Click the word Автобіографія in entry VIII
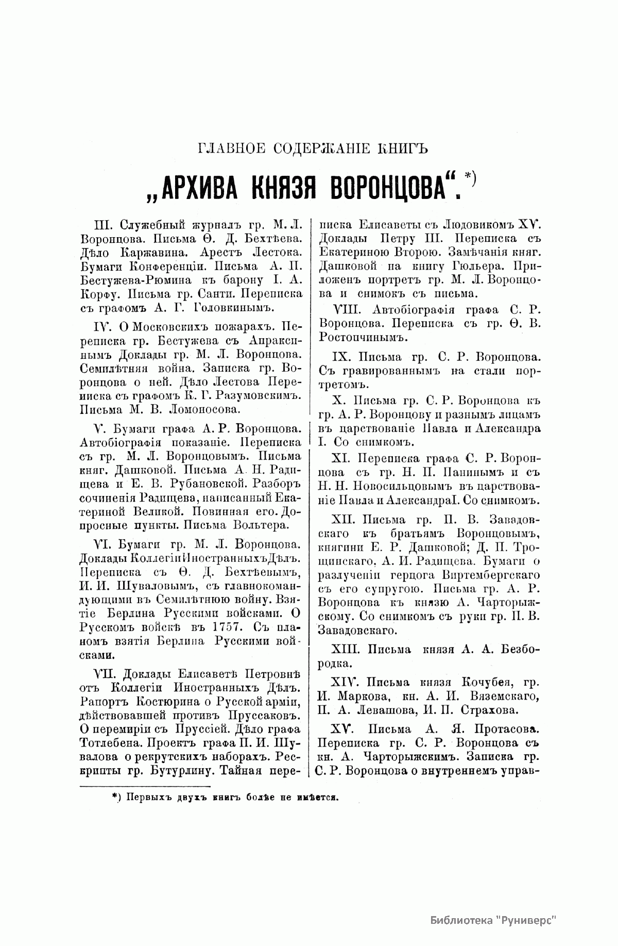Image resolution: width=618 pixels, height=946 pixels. [399, 310]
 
